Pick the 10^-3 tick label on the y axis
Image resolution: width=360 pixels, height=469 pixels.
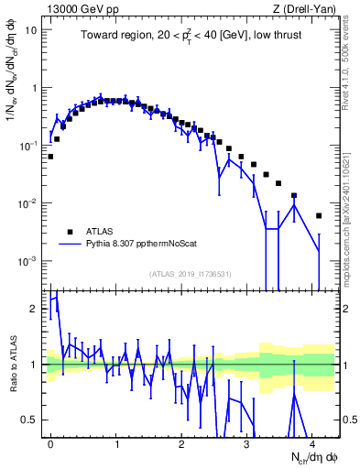(x=29, y=261)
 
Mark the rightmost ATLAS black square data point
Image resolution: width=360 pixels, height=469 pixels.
(x=319, y=216)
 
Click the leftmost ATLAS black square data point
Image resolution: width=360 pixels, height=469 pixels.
(x=50, y=157)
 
